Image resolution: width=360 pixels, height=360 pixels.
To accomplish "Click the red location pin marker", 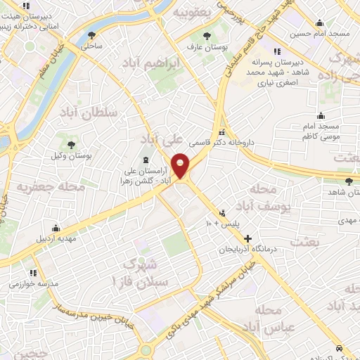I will (x=181, y=166).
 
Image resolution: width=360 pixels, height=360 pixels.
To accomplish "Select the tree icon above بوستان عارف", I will (x=206, y=37).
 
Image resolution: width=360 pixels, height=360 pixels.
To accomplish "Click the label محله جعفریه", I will (x=51, y=188).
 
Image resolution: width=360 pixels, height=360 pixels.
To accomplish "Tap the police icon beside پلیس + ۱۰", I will (x=224, y=213).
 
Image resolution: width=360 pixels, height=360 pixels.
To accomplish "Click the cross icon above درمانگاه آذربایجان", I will (x=247, y=238).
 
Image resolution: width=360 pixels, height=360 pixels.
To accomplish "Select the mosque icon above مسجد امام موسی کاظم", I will (x=321, y=116).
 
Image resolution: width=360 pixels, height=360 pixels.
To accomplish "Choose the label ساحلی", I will (x=91, y=46).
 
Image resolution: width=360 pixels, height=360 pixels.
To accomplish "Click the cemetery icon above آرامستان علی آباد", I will (x=146, y=160).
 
